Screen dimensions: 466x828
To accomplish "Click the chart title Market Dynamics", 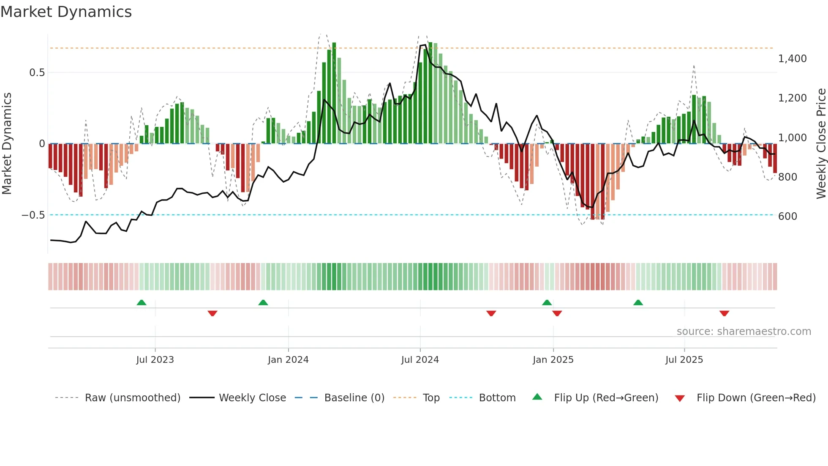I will (x=66, y=12).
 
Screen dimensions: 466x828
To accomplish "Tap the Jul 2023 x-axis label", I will (x=155, y=360).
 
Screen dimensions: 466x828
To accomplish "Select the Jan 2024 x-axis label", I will (x=288, y=360).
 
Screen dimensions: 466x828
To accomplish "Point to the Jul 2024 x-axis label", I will (x=420, y=360).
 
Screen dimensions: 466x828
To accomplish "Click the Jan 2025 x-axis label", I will (x=553, y=360).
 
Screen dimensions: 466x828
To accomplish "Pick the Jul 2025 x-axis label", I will (x=684, y=360).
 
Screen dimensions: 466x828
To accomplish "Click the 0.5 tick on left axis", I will (x=37, y=73).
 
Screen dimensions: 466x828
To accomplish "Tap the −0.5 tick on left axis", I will (x=33, y=215).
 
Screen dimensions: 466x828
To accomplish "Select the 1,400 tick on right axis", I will (x=792, y=59).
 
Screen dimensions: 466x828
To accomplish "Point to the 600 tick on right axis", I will (x=787, y=217).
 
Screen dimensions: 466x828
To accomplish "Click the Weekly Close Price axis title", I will (x=821, y=144).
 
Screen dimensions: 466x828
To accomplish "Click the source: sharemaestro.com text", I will (x=744, y=332).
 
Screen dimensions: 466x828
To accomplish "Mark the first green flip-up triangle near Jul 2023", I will (x=142, y=303).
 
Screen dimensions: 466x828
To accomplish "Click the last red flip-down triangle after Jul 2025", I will (x=724, y=313).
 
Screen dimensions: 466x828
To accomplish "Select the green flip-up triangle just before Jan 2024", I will (x=263, y=303).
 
